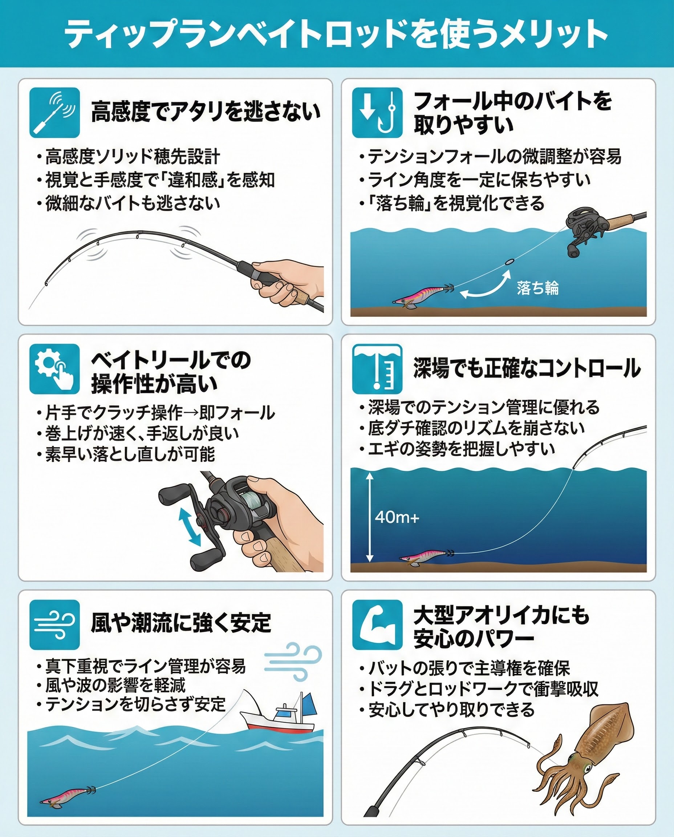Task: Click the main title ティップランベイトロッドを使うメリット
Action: [336, 34]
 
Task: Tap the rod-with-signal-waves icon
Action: [55, 112]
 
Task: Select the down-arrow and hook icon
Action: [377, 113]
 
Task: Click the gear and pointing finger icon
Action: [55, 369]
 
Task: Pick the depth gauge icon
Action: [377, 369]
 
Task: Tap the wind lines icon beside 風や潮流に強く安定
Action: [55, 625]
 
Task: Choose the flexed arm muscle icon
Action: [377, 625]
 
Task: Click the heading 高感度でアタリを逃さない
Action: [206, 112]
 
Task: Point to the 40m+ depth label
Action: [397, 517]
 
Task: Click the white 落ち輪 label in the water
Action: [538, 288]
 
